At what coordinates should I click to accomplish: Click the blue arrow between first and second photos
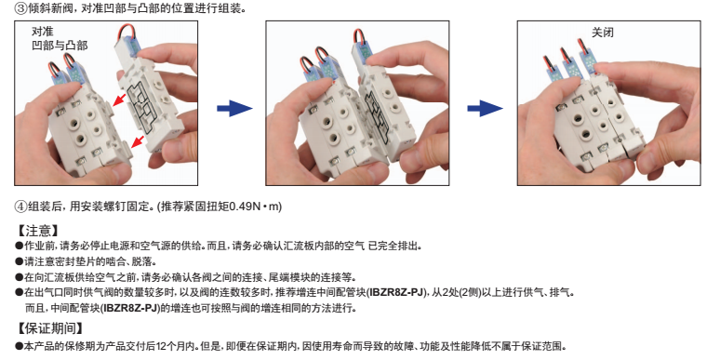click(x=234, y=109)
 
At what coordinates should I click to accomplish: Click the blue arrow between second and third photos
click(x=485, y=109)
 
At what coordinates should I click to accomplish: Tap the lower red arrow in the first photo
click(x=138, y=141)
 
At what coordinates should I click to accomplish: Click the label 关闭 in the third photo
click(x=603, y=33)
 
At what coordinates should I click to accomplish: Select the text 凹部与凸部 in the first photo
click(x=60, y=45)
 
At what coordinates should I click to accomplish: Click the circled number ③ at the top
click(x=21, y=8)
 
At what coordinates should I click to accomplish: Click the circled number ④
click(x=21, y=207)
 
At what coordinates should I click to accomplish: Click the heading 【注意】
click(x=37, y=230)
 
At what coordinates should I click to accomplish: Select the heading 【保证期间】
click(x=49, y=327)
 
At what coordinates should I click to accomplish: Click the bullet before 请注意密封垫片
click(x=20, y=261)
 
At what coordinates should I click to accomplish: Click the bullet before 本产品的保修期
click(x=20, y=346)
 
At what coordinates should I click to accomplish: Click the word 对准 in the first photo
click(x=42, y=32)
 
